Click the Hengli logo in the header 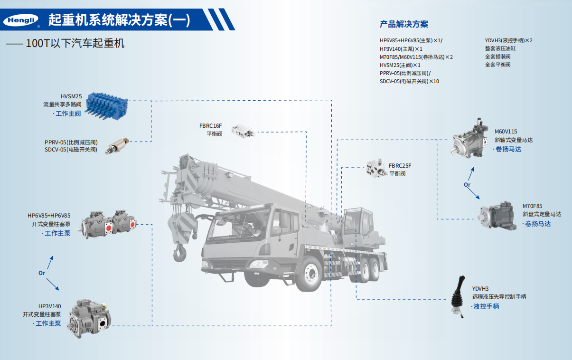pyautogui.click(x=21, y=20)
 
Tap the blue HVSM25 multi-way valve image pyautogui.click(x=106, y=106)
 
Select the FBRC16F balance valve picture pyautogui.click(x=243, y=132)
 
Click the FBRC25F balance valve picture pyautogui.click(x=375, y=168)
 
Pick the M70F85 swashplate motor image pyautogui.click(x=497, y=216)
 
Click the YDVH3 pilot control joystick pyautogui.click(x=459, y=296)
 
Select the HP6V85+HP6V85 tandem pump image pyautogui.click(x=109, y=224)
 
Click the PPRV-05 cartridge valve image pyautogui.click(x=117, y=146)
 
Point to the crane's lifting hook pyautogui.click(x=180, y=253)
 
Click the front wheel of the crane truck pyautogui.click(x=310, y=274)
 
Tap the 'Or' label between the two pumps pyautogui.click(x=42, y=273)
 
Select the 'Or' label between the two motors pyautogui.click(x=467, y=184)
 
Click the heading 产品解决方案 pyautogui.click(x=403, y=24)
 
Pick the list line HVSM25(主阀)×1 pyautogui.click(x=400, y=65)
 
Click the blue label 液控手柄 pyautogui.click(x=486, y=306)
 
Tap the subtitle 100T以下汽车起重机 pyautogui.click(x=75, y=43)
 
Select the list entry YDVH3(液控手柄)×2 pyautogui.click(x=509, y=40)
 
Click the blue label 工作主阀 pyautogui.click(x=68, y=113)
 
